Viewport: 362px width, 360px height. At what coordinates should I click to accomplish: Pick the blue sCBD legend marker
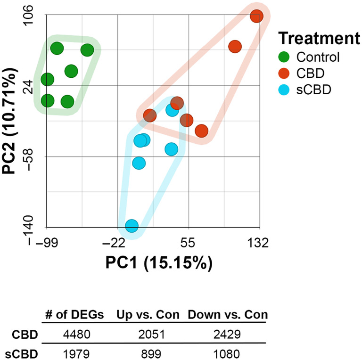coord(284,88)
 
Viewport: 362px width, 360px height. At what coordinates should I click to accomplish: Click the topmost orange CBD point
coord(256,16)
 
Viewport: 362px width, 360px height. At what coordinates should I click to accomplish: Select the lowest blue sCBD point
coord(132,226)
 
